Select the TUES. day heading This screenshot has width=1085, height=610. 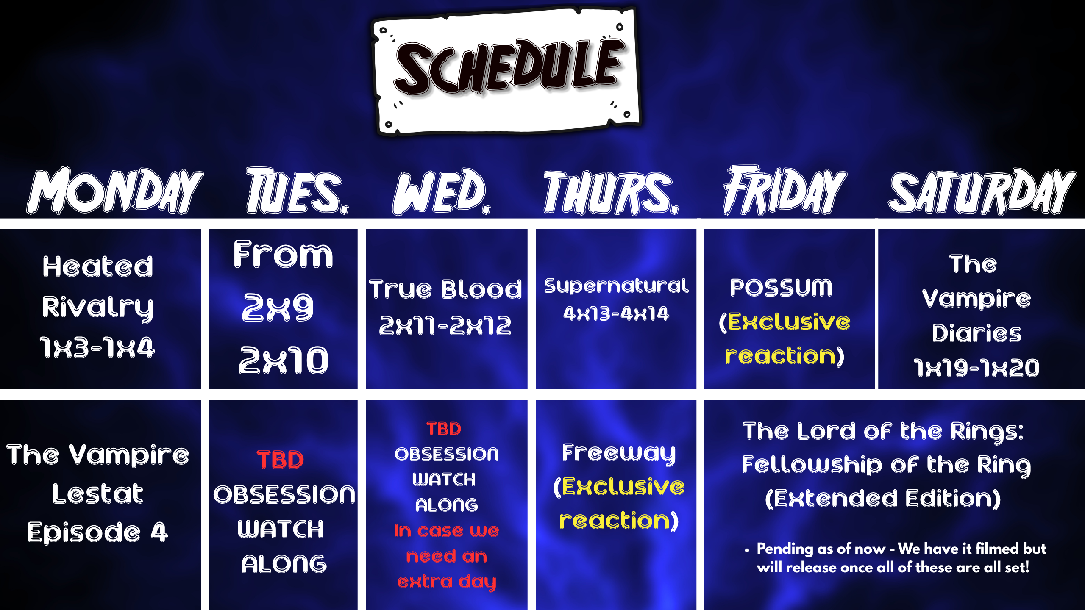297,190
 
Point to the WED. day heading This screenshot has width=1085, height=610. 442,191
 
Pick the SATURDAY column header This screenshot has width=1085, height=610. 982,191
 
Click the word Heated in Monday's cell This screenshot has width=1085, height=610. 97,266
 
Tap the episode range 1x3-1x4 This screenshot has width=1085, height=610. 97,348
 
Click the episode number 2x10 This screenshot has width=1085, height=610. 283,360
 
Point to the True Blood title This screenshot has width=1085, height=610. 445,289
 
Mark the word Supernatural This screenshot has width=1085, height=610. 616,286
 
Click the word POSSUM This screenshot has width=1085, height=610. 781,288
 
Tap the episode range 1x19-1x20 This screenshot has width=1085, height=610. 976,368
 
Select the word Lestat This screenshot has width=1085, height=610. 97,494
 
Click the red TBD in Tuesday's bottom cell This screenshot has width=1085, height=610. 280,460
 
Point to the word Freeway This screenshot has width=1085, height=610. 619,453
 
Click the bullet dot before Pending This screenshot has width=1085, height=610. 747,551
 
